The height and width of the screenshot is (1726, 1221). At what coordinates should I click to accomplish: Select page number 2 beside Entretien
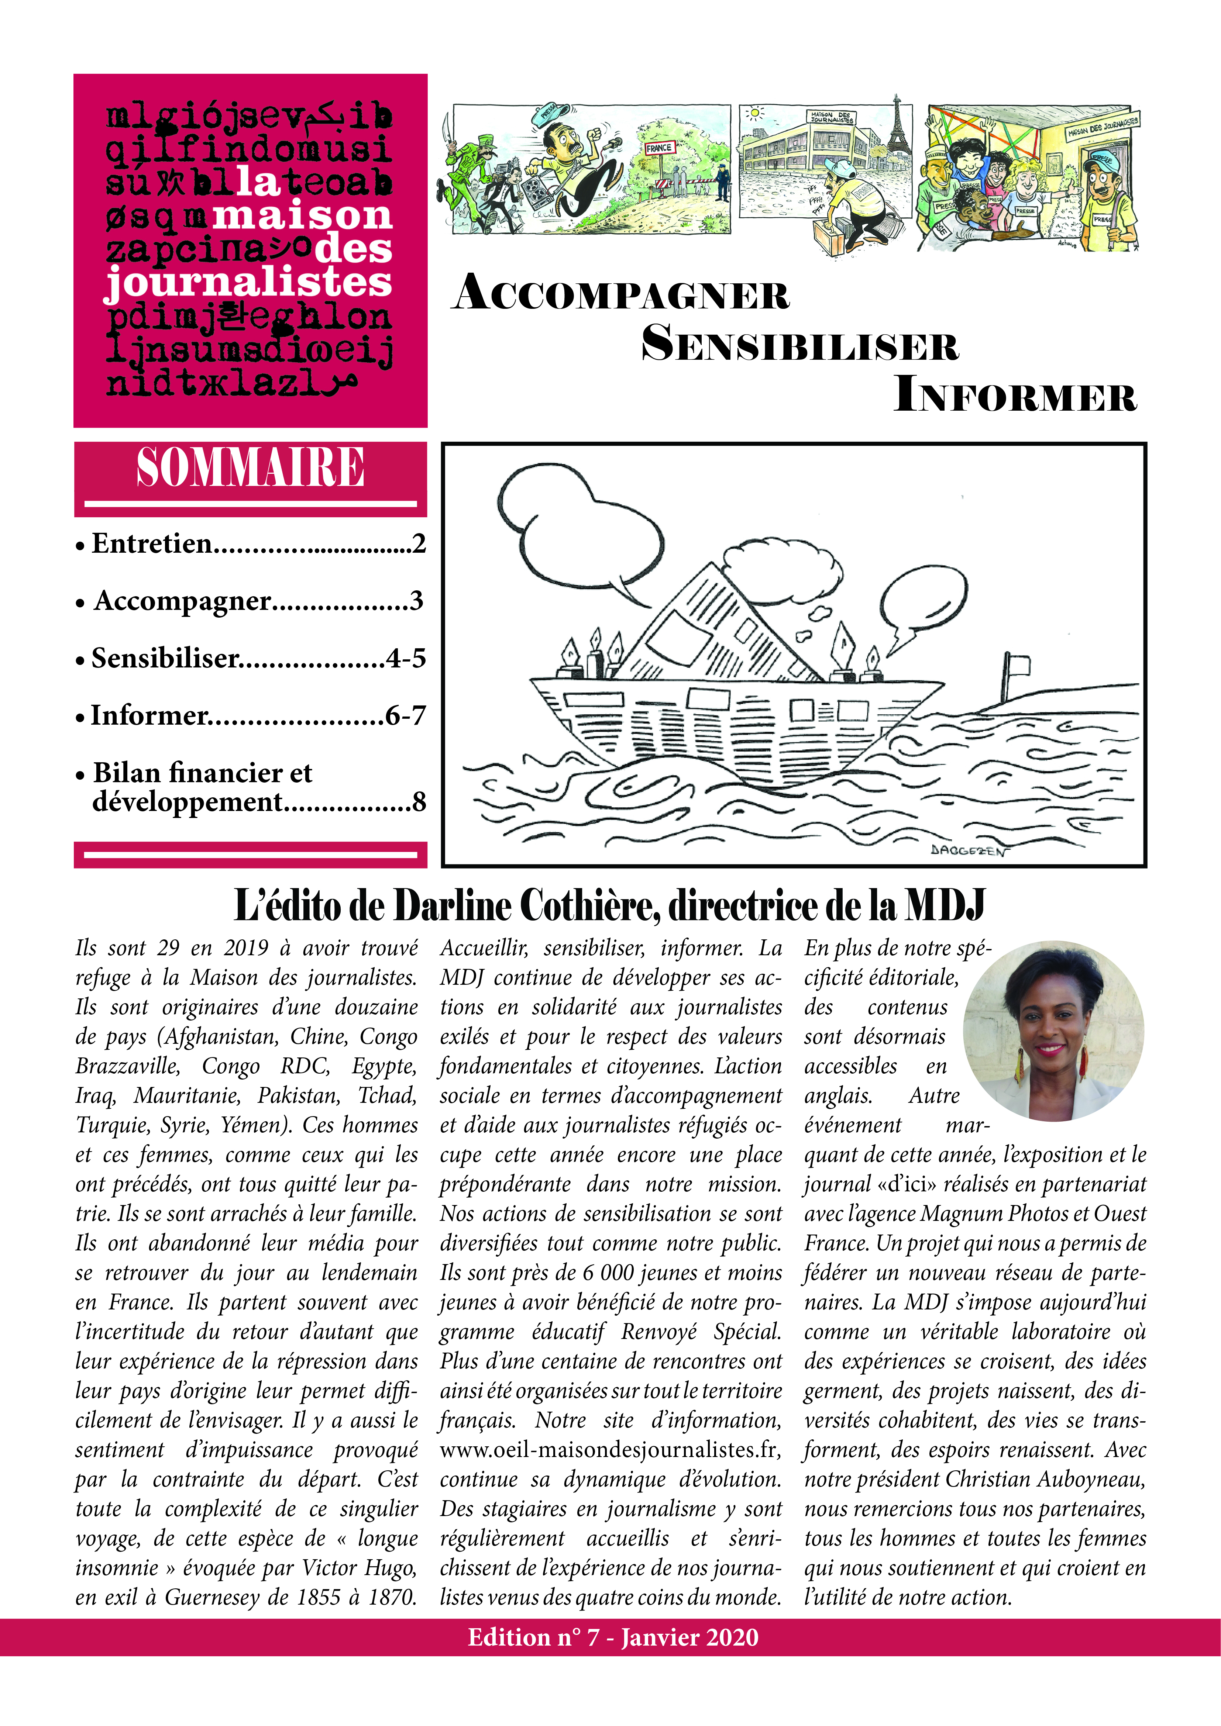419,543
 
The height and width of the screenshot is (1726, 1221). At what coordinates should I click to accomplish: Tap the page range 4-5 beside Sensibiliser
406,659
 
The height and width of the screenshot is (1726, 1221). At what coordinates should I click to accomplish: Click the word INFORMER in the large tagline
1015,395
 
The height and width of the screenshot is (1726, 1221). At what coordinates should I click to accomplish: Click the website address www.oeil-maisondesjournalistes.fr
610,1449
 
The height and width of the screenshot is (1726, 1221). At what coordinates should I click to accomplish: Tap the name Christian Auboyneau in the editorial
1045,1479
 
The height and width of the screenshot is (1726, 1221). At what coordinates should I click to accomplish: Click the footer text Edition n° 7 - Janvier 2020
613,1637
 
